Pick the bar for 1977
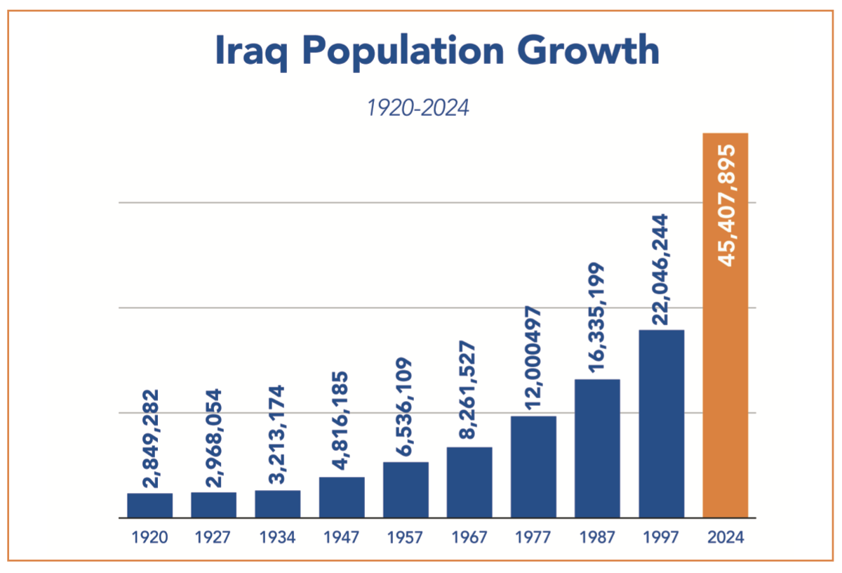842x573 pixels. point(533,466)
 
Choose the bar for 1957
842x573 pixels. point(406,489)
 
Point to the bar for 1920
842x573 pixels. point(149,505)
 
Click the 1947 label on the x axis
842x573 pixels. point(342,538)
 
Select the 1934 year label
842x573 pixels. point(278,538)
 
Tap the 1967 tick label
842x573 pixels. point(469,538)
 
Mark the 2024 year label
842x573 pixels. point(726,538)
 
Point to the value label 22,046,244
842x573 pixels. point(661,269)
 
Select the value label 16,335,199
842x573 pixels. point(597,320)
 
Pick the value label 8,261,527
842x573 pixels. point(469,390)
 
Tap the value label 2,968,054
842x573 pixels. point(213,437)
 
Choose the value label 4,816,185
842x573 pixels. point(342,422)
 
